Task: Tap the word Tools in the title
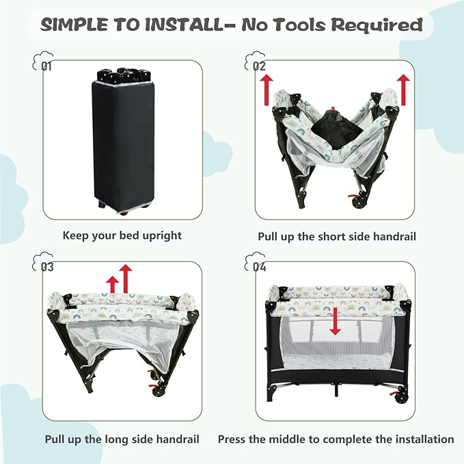point(299,25)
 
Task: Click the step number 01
point(46,66)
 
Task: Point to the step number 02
point(259,66)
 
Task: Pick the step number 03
point(46,266)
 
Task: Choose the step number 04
point(259,266)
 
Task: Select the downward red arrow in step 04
point(334,321)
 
